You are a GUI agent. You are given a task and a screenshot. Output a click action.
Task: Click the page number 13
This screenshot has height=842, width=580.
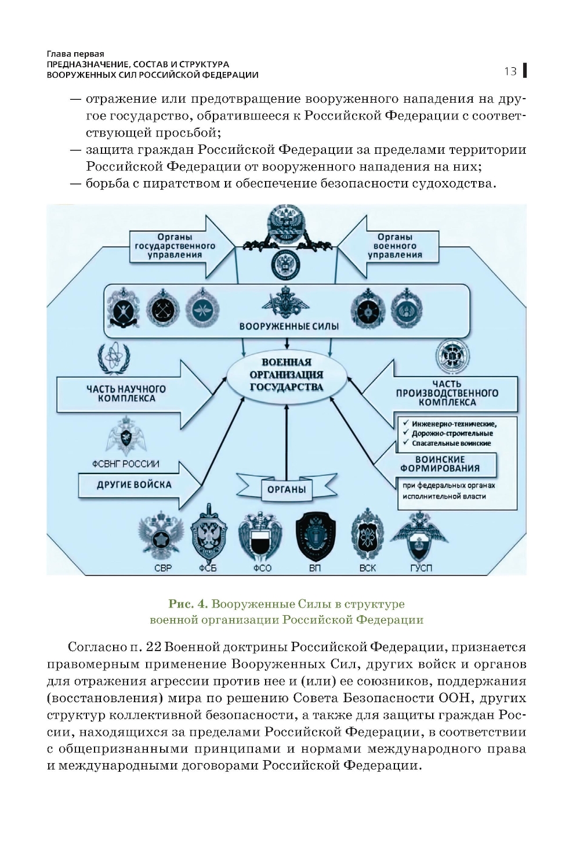coord(510,71)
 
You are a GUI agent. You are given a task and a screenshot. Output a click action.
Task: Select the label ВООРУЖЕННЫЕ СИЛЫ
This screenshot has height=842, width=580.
coord(289,326)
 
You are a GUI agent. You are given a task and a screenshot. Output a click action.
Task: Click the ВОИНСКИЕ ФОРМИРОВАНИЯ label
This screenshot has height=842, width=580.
coord(447,464)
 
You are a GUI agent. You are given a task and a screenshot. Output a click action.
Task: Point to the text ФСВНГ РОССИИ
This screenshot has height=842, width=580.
coord(126,464)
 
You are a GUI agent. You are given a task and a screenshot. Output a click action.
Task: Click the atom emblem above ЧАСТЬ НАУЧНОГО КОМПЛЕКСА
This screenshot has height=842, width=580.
coord(115,360)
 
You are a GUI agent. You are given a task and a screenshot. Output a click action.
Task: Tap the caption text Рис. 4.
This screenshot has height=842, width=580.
coord(188,605)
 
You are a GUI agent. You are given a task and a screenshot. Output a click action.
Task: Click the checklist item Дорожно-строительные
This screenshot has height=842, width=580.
coord(452,433)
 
